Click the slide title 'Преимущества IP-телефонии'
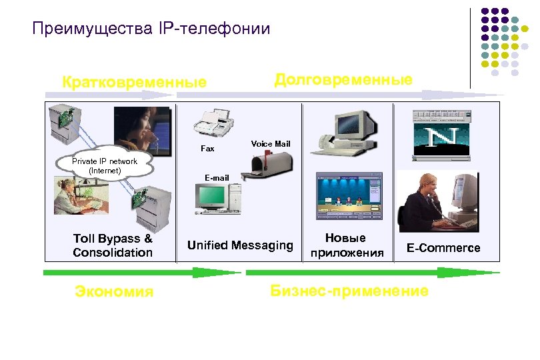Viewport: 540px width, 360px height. (x=151, y=29)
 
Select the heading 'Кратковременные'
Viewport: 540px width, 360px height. (x=134, y=83)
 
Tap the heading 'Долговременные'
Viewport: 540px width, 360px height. (x=343, y=79)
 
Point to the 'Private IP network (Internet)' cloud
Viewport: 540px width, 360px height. (x=105, y=165)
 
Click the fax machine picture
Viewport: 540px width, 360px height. (x=214, y=123)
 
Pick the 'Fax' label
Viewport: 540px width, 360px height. (x=208, y=149)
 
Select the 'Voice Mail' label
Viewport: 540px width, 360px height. (x=270, y=143)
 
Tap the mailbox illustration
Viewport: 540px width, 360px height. (x=266, y=164)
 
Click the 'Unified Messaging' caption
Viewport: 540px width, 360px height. (x=240, y=245)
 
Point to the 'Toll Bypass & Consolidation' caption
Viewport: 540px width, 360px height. (x=113, y=245)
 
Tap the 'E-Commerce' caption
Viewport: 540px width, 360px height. (x=443, y=248)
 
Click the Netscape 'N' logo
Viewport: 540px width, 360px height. (x=441, y=139)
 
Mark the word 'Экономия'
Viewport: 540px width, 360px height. (x=114, y=291)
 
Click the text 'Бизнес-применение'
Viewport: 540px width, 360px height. (x=349, y=291)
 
